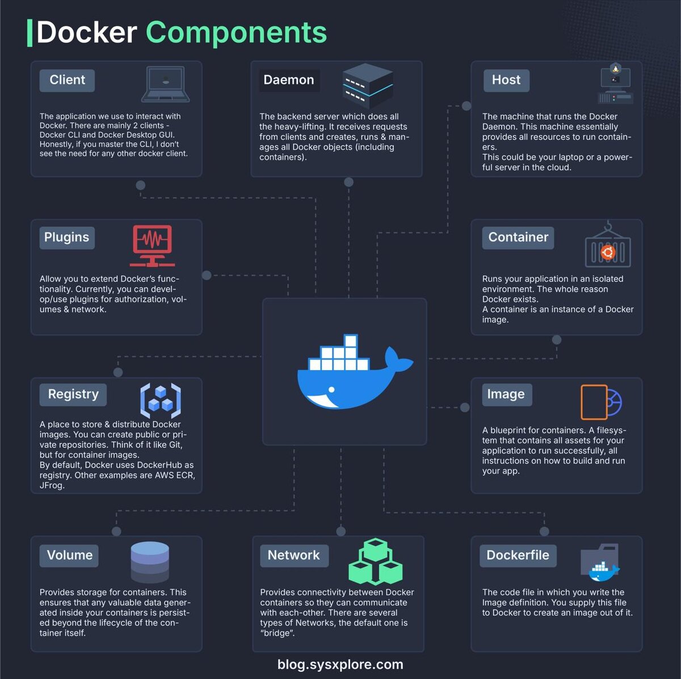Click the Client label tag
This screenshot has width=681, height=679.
[67, 80]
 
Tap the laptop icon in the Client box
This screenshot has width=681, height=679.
[165, 84]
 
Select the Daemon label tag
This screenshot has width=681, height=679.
[288, 80]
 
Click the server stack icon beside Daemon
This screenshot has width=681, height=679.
[368, 86]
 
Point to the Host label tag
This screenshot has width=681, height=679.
[506, 80]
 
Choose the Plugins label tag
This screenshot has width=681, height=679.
[66, 237]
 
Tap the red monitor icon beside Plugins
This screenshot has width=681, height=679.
[152, 245]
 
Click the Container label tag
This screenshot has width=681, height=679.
[518, 237]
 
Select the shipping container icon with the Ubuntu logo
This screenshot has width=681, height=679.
[608, 249]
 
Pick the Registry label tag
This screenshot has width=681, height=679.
[73, 394]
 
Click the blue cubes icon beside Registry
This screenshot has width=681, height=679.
[161, 400]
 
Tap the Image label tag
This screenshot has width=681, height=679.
[506, 394]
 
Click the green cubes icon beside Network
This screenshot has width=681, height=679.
[375, 562]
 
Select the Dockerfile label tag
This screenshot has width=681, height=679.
[518, 555]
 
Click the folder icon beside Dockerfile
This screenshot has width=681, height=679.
[600, 561]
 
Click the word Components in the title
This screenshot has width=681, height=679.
[236, 32]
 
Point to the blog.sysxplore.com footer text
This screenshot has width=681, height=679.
[340, 665]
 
